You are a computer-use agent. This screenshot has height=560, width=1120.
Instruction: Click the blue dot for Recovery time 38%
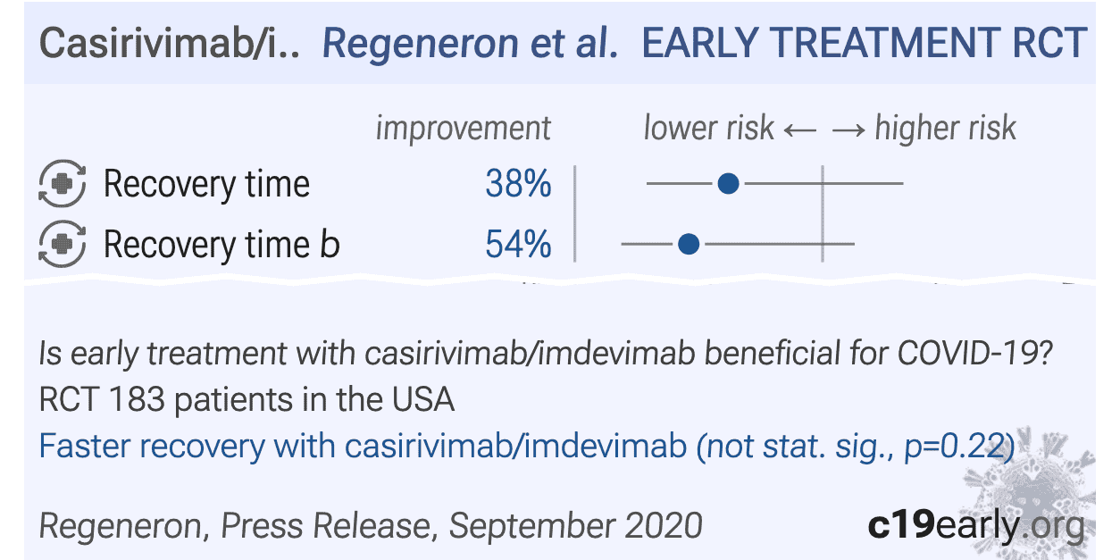pyautogui.click(x=729, y=184)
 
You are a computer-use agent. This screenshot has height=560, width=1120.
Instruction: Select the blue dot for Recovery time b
pyautogui.click(x=688, y=243)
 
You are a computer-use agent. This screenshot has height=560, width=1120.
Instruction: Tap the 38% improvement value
pyautogui.click(x=518, y=185)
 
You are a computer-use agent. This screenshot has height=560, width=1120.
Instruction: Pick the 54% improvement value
pyautogui.click(x=518, y=244)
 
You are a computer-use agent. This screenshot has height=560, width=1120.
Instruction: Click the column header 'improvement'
pyautogui.click(x=463, y=129)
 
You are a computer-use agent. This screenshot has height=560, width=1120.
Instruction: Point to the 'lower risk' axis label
pyautogui.click(x=708, y=129)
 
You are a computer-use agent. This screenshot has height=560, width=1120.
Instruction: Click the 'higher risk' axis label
pyautogui.click(x=945, y=129)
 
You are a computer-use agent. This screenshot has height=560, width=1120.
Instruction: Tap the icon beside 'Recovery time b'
pyautogui.click(x=62, y=244)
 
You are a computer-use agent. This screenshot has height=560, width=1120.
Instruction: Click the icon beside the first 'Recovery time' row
pyautogui.click(x=62, y=185)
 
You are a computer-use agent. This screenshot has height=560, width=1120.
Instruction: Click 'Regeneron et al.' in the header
pyautogui.click(x=470, y=44)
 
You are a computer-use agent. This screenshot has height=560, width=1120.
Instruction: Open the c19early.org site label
pyautogui.click(x=975, y=525)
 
